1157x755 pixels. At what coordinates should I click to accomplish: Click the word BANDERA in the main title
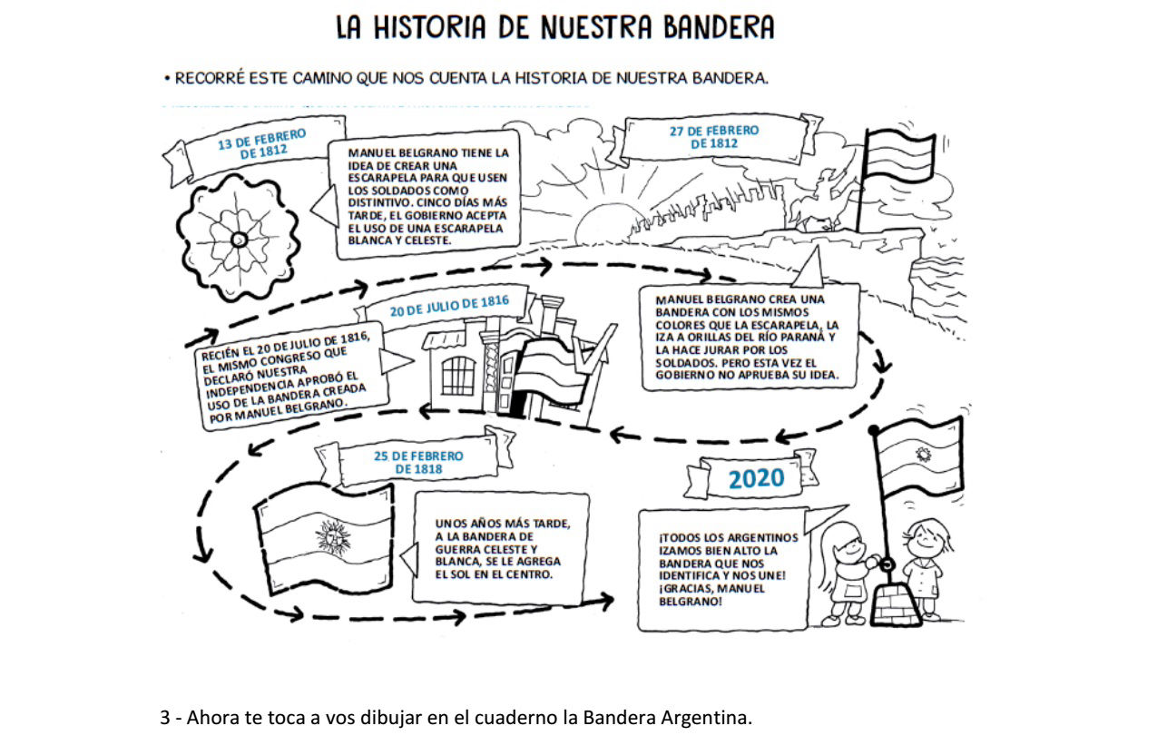719,27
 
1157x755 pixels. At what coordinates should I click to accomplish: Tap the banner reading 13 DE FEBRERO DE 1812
257,146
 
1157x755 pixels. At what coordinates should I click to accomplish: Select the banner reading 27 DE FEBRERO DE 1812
715,137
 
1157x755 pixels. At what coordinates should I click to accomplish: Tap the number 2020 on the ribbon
756,478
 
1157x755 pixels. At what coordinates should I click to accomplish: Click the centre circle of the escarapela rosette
240,240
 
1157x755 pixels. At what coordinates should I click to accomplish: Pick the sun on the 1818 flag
333,536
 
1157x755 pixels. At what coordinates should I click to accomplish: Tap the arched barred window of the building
458,376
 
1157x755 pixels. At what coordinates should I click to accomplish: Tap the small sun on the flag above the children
923,455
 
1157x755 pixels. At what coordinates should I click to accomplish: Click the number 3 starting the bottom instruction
165,717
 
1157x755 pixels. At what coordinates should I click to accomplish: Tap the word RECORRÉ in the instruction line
210,78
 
